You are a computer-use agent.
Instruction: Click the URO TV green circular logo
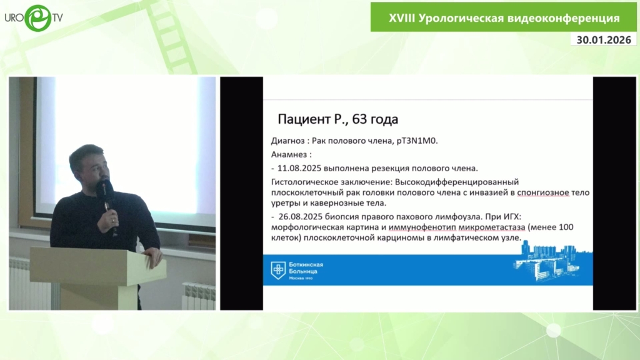(38, 18)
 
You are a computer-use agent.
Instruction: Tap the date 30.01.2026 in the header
(604, 40)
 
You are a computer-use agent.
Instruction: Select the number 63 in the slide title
(359, 119)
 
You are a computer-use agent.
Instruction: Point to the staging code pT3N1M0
(417, 141)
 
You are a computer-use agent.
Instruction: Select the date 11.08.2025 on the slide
(299, 168)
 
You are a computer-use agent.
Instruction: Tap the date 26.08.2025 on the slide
(301, 216)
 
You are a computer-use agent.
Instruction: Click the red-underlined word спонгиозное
(543, 192)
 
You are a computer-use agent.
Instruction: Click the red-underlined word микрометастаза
(491, 227)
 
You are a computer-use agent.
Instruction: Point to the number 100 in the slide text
(566, 227)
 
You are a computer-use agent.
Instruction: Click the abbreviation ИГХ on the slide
(510, 216)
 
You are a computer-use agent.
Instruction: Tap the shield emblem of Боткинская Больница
(278, 270)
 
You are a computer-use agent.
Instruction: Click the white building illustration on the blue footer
(552, 262)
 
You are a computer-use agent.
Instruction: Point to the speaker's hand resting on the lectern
(154, 256)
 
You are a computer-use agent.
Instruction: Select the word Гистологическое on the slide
(301, 182)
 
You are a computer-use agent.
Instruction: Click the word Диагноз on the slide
(287, 141)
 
